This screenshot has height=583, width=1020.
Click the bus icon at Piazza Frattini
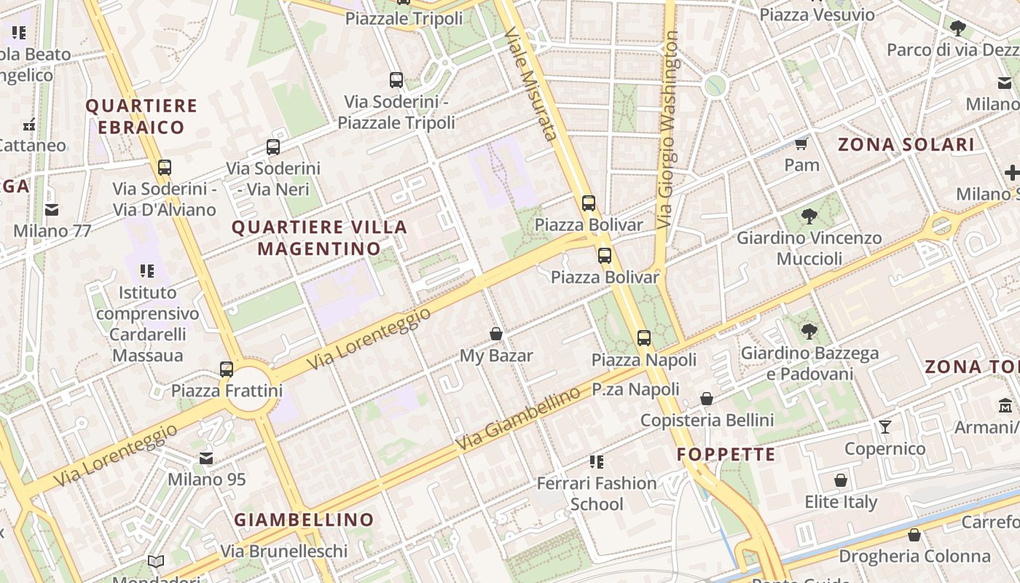tap(227, 369)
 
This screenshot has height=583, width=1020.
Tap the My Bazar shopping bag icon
tap(496, 334)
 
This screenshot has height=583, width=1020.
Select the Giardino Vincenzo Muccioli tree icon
tap(809, 216)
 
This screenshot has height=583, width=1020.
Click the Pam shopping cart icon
tap(801, 144)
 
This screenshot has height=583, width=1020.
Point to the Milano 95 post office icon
tap(207, 458)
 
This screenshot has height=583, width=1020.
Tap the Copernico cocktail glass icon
tap(885, 426)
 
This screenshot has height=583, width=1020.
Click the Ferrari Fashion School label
tap(597, 493)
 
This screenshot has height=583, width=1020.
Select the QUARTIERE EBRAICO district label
tap(141, 117)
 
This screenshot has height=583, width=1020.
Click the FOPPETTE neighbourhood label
tap(726, 455)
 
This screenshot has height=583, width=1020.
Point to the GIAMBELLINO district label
tap(304, 520)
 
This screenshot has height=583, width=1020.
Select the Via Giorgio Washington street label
tap(667, 130)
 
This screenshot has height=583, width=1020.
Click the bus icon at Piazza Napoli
tap(644, 337)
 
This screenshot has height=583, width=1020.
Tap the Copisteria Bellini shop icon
tap(707, 399)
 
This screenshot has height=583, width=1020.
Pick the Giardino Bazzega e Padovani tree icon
tap(809, 332)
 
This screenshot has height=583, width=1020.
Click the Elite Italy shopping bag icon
tap(841, 480)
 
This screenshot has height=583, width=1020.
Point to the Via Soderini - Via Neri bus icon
tap(273, 147)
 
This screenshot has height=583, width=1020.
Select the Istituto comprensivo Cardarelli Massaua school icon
tap(147, 271)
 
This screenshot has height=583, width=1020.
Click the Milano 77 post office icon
tap(52, 210)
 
